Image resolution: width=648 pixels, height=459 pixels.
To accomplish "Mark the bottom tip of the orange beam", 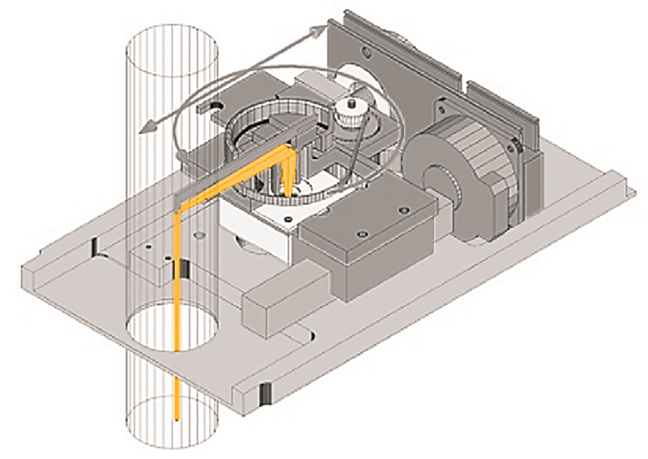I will [x=177, y=419].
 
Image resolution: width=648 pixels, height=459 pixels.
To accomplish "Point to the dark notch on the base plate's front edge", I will [x=263, y=392].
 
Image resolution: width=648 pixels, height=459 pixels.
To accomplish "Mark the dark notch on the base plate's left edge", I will [x=96, y=246].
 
